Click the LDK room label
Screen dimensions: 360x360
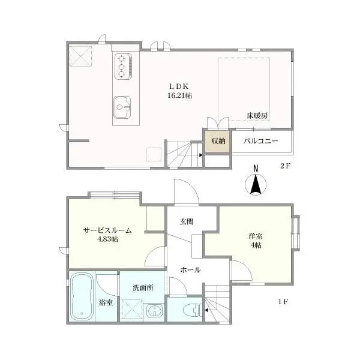pyautogui.click(x=179, y=86)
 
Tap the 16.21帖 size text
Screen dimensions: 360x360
pyautogui.click(x=180, y=95)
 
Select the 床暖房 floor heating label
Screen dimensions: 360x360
pyautogui.click(x=257, y=115)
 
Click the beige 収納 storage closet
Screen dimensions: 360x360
pyautogui.click(x=218, y=141)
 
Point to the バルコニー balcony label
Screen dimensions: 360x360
pyautogui.click(x=261, y=141)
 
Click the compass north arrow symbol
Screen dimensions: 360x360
pyautogui.click(x=256, y=182)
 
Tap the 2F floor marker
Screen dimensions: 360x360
pyautogui.click(x=285, y=166)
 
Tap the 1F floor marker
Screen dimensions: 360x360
pyautogui.click(x=283, y=302)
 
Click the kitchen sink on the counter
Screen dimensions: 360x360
pyautogui.click(x=122, y=107)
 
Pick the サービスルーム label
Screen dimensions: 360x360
pyautogui.click(x=107, y=230)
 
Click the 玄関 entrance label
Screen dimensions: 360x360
pyautogui.click(x=187, y=221)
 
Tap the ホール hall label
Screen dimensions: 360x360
pyautogui.click(x=191, y=270)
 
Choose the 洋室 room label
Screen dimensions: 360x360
pyautogui.click(x=256, y=236)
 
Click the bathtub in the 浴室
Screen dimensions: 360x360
pyautogui.click(x=82, y=296)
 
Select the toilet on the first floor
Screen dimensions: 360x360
pyautogui.click(x=193, y=310)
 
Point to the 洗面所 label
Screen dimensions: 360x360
pyautogui.click(x=143, y=288)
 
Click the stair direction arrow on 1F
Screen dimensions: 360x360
pyautogui.click(x=206, y=310)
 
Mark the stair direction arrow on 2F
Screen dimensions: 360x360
pyautogui.click(x=200, y=155)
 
